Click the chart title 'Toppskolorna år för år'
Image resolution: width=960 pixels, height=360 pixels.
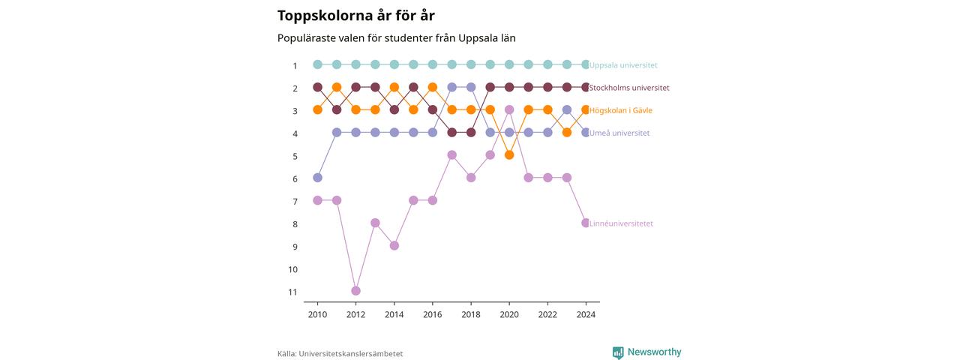pyautogui.click(x=356, y=16)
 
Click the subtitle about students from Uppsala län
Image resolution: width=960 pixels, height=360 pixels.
pyautogui.click(x=397, y=38)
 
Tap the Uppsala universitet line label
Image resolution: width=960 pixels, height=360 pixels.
pyautogui.click(x=623, y=65)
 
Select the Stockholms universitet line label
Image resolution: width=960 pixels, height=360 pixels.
pyautogui.click(x=629, y=88)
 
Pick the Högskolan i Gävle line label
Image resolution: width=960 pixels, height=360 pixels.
pyautogui.click(x=620, y=110)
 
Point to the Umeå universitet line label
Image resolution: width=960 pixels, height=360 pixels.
pyautogui.click(x=619, y=133)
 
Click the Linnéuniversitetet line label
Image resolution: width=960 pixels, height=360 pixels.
pyautogui.click(x=621, y=223)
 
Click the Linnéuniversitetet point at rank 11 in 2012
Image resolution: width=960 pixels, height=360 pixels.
pyautogui.click(x=355, y=291)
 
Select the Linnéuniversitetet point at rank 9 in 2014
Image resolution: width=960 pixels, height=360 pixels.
pyautogui.click(x=394, y=245)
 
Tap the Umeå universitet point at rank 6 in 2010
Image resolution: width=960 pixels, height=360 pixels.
pyautogui.click(x=317, y=178)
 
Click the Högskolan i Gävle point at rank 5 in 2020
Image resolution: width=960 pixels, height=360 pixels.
pyautogui.click(x=509, y=154)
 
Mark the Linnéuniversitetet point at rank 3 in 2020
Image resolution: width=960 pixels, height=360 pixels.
pyautogui.click(x=509, y=109)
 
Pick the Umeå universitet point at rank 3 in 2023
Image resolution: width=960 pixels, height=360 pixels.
pyautogui.click(x=566, y=109)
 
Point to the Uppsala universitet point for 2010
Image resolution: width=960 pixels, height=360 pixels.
pyautogui.click(x=317, y=64)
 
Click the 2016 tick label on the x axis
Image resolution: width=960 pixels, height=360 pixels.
pyautogui.click(x=433, y=314)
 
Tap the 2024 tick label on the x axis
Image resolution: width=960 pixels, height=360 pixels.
pyautogui.click(x=586, y=314)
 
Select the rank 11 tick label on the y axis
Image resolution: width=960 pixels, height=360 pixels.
pyautogui.click(x=292, y=292)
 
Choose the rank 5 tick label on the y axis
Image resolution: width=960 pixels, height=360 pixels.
pyautogui.click(x=295, y=157)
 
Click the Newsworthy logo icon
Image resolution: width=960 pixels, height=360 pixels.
pyautogui.click(x=618, y=352)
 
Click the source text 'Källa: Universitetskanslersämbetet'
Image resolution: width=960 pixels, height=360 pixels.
pyautogui.click(x=340, y=354)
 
